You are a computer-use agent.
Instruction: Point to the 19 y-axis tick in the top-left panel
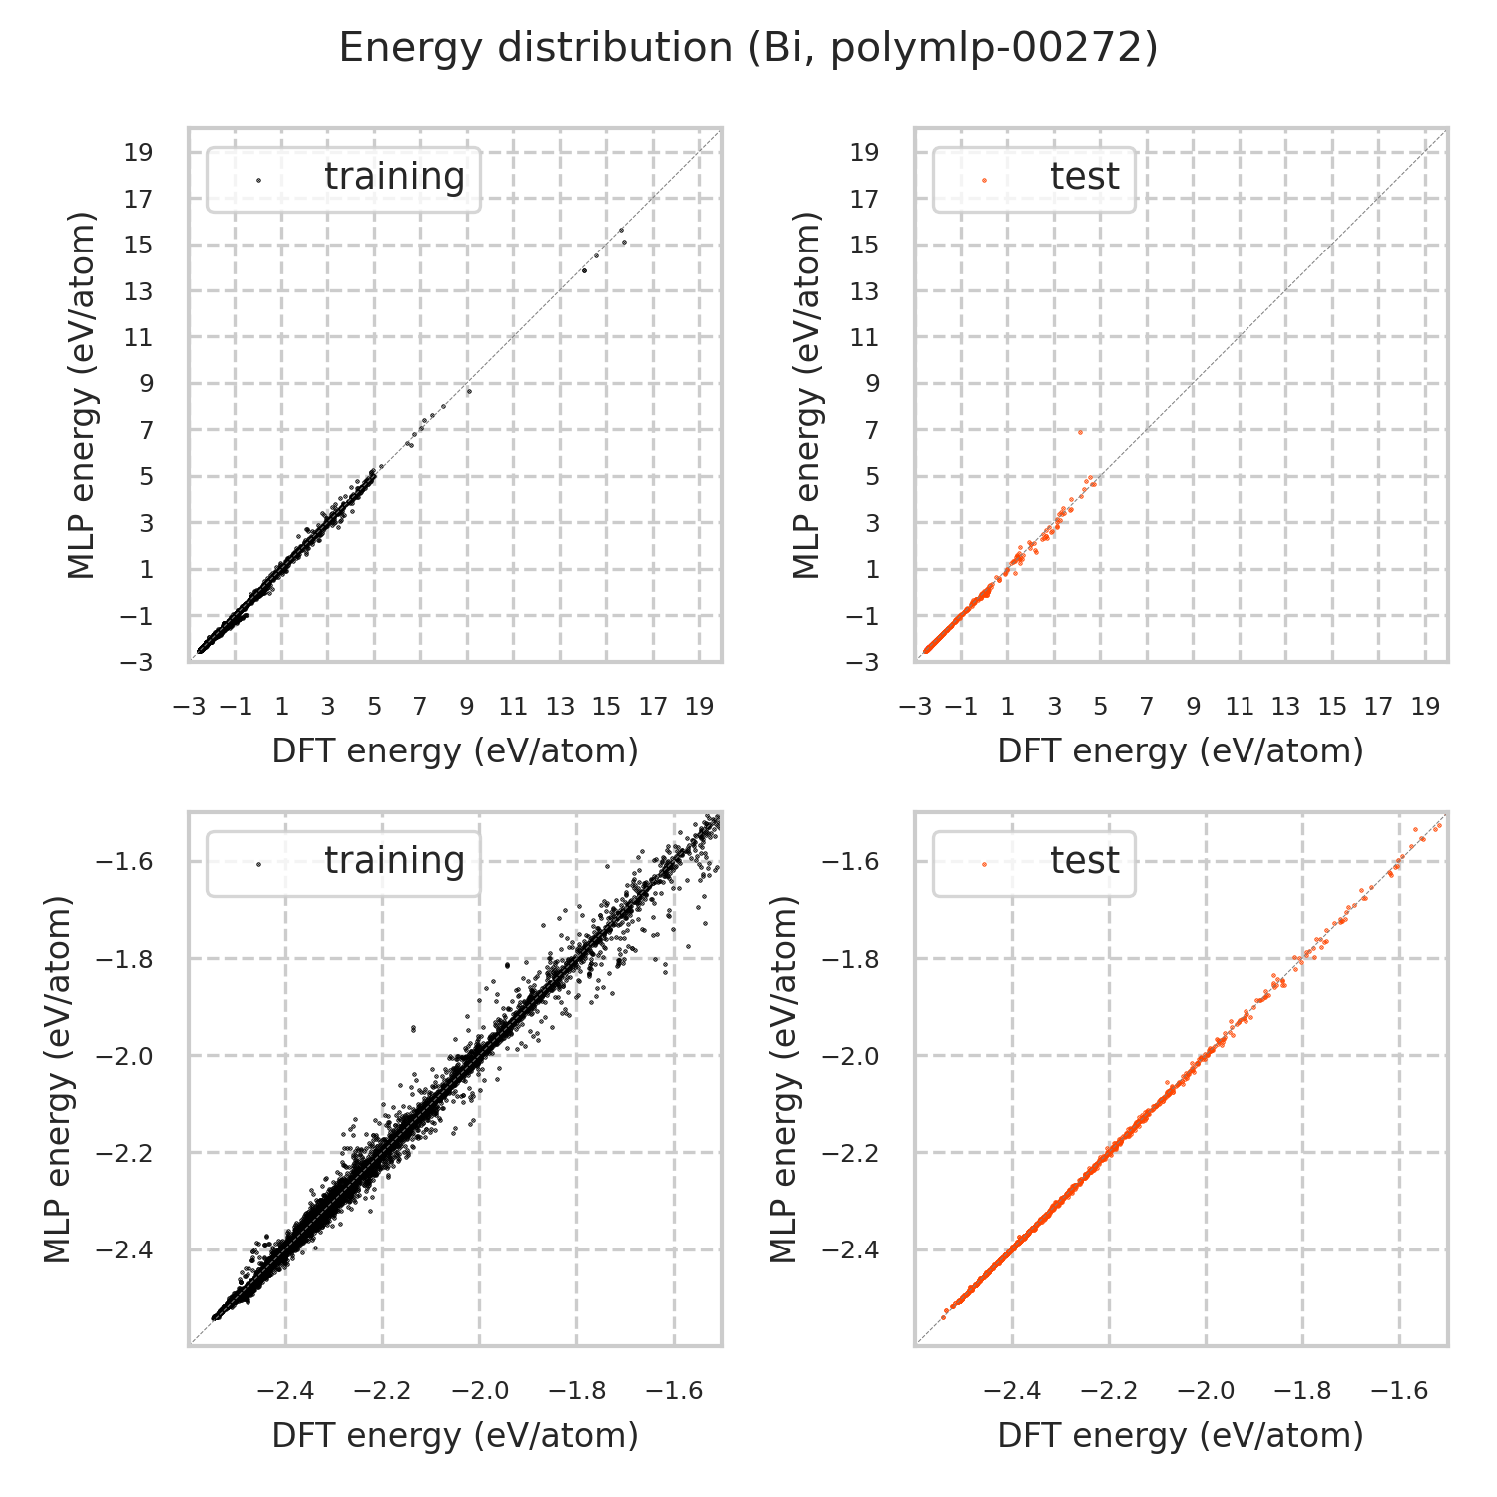pyautogui.click(x=139, y=153)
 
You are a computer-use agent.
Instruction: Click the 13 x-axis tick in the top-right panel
pyautogui.click(x=1285, y=707)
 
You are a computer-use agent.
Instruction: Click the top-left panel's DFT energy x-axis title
pyautogui.click(x=455, y=751)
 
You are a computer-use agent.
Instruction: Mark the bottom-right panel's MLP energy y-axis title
pyautogui.click(x=787, y=1080)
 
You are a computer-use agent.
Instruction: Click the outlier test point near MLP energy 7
pyautogui.click(x=1080, y=432)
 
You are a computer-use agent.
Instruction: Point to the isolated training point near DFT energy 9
pyautogui.click(x=468, y=389)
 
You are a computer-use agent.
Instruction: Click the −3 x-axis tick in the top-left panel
pyautogui.click(x=189, y=707)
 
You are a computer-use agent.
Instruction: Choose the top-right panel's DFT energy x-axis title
pyautogui.click(x=1181, y=751)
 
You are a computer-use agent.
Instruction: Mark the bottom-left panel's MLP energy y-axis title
pyautogui.click(x=61, y=1080)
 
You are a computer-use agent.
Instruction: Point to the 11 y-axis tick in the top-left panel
pyautogui.click(x=139, y=338)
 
